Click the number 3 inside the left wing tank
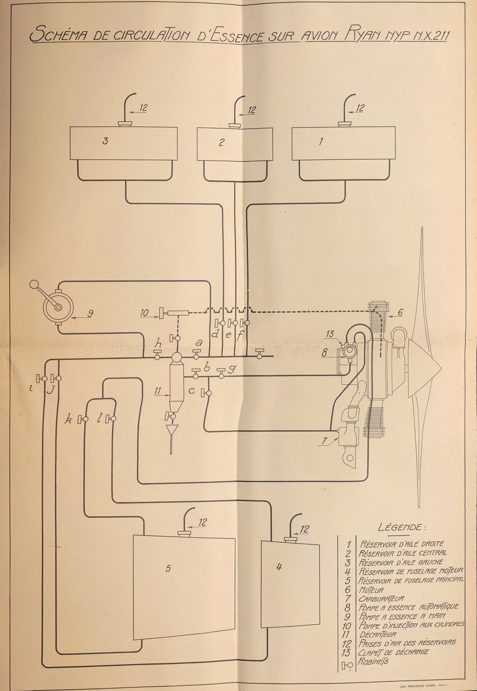[105, 141]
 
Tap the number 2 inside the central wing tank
[221, 142]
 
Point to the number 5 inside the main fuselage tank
[169, 568]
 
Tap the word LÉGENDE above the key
[401, 527]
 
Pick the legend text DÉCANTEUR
[378, 634]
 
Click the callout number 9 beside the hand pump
[90, 313]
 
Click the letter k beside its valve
[68, 420]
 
